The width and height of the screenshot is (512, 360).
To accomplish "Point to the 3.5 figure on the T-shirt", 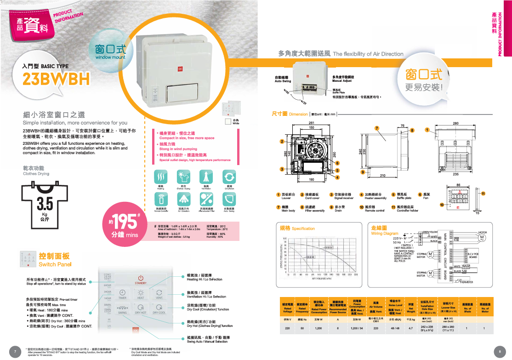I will click(x=45, y=203).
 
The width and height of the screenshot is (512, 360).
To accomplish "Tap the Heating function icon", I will click(x=161, y=177).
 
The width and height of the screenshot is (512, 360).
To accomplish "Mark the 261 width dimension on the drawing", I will click(x=311, y=123).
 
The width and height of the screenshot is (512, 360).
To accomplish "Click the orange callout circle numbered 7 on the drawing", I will click(x=376, y=128).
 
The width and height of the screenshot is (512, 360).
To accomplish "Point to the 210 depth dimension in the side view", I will click(x=382, y=176).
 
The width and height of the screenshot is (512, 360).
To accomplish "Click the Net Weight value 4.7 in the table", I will click(x=410, y=328).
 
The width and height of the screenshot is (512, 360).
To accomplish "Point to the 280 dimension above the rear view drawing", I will click(x=456, y=123).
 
